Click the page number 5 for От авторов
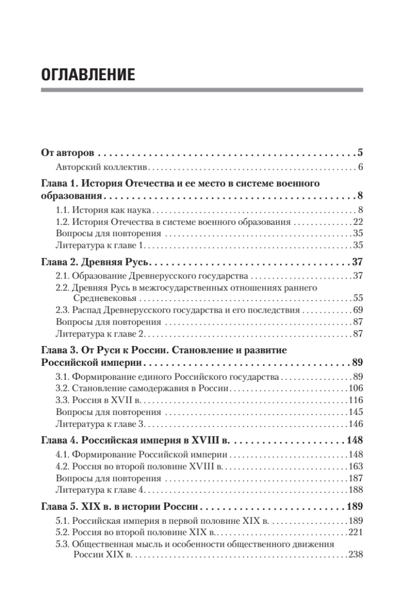pyautogui.click(x=360, y=153)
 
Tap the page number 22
pyautogui.click(x=357, y=221)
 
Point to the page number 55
pyautogui.click(x=357, y=297)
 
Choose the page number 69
pyautogui.click(x=357, y=310)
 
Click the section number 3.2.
pyautogui.click(x=62, y=388)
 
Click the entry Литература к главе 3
pyautogui.click(x=100, y=424)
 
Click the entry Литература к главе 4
pyautogui.click(x=100, y=490)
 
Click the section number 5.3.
pyautogui.click(x=62, y=544)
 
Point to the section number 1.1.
pyautogui.click(x=62, y=209)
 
